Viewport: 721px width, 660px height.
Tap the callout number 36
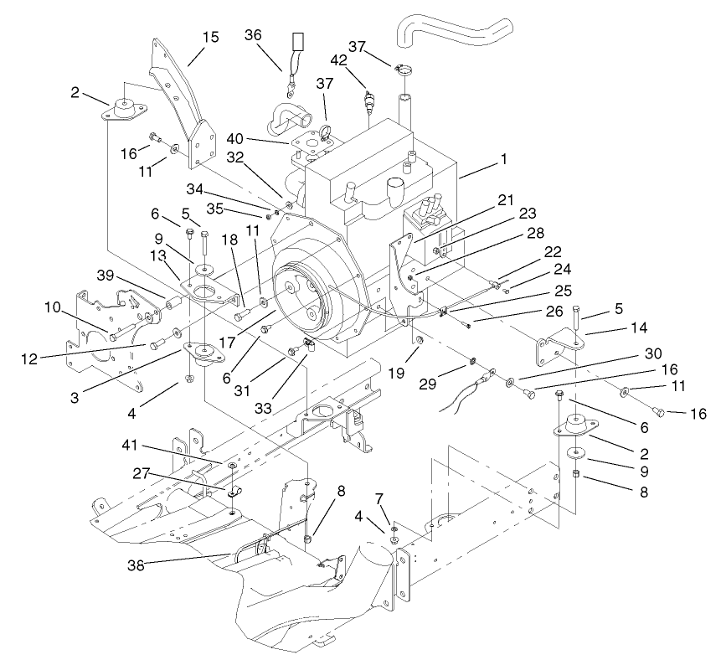[253, 34]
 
